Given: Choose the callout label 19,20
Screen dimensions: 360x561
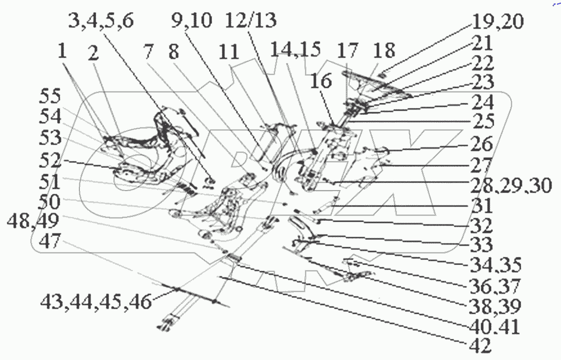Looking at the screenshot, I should click(499, 23).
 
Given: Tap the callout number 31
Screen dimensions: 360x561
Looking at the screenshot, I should click(482, 205).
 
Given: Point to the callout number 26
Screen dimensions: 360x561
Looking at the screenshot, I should click(481, 143).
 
